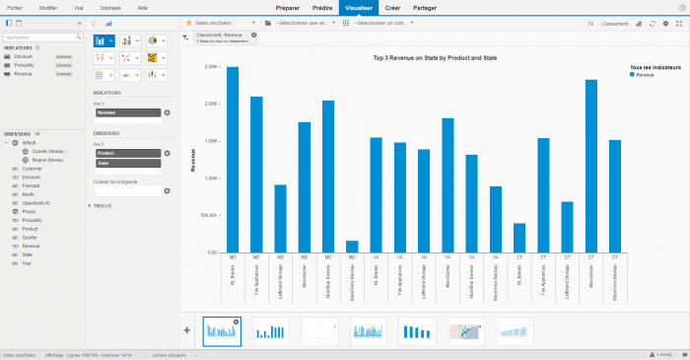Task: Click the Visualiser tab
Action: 355,7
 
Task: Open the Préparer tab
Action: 288,7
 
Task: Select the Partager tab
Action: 425,7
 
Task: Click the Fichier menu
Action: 16,7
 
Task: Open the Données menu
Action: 110,7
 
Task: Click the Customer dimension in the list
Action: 31,168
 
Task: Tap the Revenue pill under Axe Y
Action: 127,112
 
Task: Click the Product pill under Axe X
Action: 127,153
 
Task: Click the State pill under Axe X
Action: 127,163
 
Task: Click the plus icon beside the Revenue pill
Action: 168,112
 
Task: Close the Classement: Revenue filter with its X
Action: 254,35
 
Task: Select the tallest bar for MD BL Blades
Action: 233,158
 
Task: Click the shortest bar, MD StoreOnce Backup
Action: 352,247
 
